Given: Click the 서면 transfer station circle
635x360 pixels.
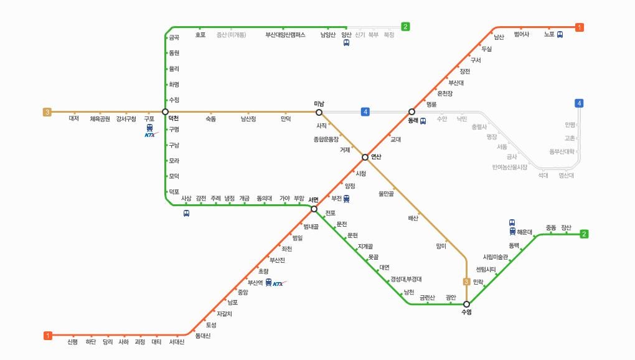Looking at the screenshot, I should click(314, 209).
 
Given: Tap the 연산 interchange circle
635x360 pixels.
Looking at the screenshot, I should click(365, 157).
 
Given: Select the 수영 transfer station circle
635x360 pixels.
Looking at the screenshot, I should click(466, 304).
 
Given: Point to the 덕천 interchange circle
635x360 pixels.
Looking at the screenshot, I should click(165, 112).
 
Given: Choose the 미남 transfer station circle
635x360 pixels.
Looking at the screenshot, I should click(319, 112).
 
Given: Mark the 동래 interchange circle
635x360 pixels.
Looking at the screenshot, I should click(412, 112).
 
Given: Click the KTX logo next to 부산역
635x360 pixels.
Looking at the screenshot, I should click(280, 283).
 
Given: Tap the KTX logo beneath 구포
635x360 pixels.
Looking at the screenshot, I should click(151, 134).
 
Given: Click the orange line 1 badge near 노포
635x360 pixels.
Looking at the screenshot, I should click(580, 27).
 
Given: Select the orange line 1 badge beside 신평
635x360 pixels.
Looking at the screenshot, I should click(48, 336).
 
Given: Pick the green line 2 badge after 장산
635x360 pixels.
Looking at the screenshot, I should click(584, 234).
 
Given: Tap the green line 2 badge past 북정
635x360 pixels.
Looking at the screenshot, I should click(405, 27).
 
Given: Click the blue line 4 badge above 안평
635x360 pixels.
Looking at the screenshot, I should click(580, 103).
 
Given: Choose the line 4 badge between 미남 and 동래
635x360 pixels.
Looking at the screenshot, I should click(365, 112).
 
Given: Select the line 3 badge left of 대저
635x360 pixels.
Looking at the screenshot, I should click(47, 112).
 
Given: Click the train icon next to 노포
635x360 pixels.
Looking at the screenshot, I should click(560, 35).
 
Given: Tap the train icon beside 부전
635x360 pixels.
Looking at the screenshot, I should click(347, 199).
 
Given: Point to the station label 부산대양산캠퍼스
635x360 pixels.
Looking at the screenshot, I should click(285, 35).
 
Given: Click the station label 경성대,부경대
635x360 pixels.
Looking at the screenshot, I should click(406, 278).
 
